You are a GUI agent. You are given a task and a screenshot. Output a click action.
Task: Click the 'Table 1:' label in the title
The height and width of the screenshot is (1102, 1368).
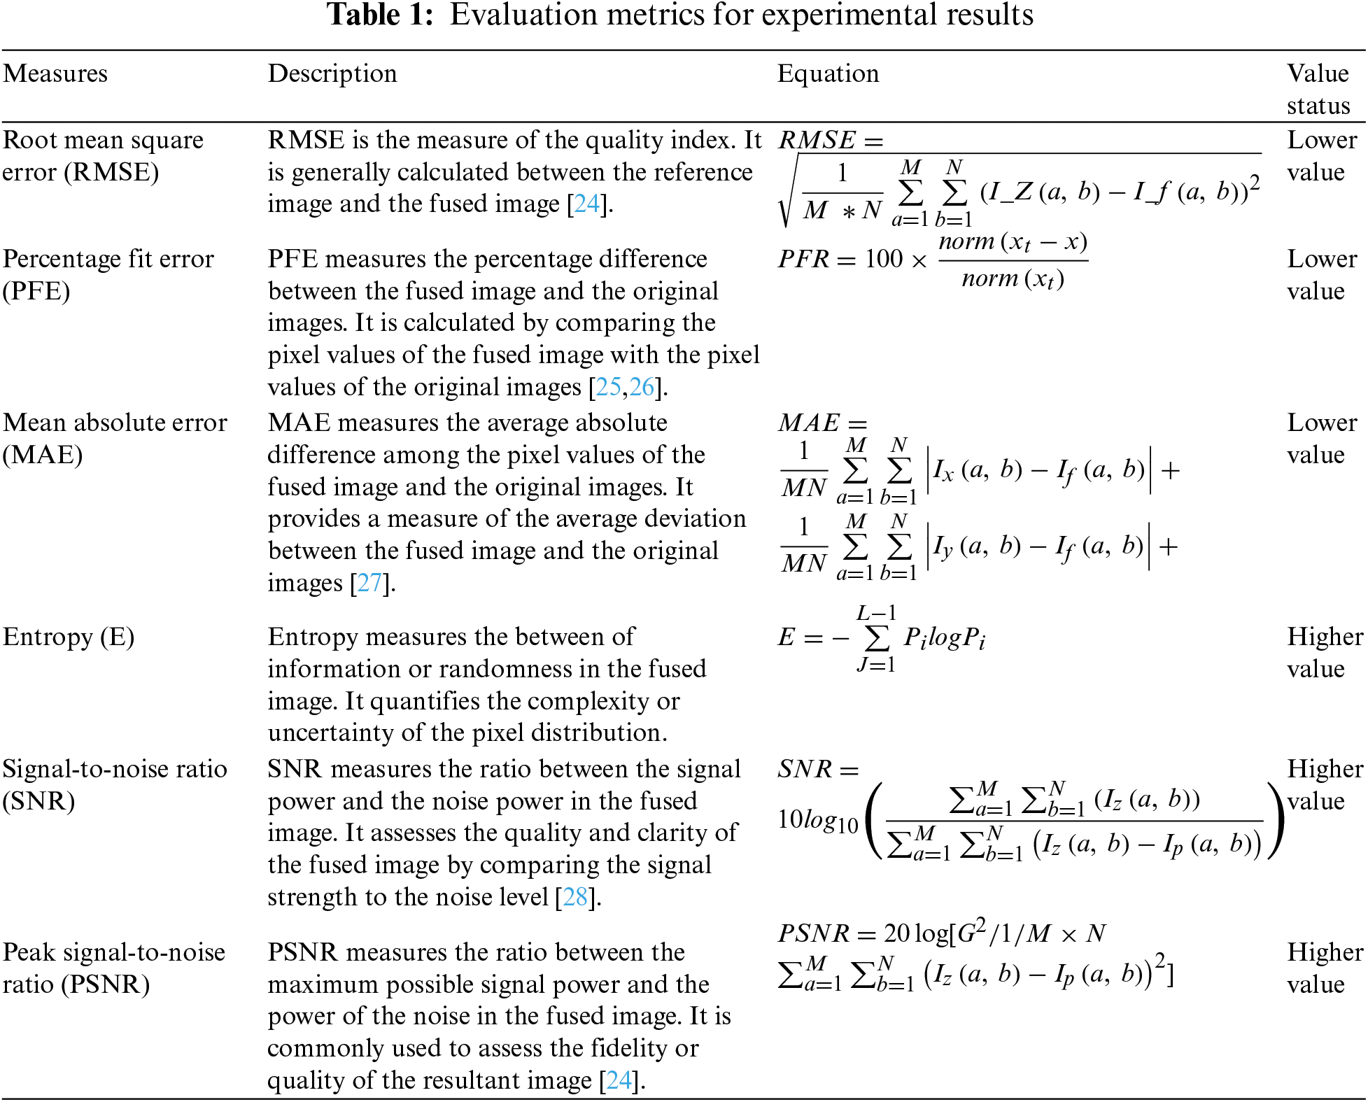[x=381, y=15]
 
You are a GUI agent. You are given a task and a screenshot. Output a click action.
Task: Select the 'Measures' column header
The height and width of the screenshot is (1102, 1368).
[x=55, y=73]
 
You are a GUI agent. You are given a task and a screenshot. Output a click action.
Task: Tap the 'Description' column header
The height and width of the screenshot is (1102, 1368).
[x=332, y=73]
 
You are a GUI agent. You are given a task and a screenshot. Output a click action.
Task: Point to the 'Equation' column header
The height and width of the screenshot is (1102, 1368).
[x=828, y=73]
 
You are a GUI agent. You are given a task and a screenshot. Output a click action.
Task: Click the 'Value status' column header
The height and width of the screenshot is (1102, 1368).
[x=1318, y=89]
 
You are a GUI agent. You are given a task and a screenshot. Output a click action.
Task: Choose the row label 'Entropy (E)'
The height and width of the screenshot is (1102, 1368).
[x=69, y=637]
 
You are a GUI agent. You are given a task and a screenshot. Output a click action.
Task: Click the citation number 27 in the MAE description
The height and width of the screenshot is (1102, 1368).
[x=369, y=583]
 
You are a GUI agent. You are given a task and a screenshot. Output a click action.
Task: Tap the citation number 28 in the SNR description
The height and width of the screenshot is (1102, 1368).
[x=575, y=897]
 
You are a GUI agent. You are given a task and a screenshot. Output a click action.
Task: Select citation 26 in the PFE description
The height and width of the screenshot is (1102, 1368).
[x=642, y=387]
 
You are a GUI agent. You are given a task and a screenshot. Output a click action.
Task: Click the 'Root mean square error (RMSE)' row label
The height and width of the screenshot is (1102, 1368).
[x=102, y=156]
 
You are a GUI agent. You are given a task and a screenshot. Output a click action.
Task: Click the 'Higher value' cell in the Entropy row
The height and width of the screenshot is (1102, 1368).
[x=1325, y=653]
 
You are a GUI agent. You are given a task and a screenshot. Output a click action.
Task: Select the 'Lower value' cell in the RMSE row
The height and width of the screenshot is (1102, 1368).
[x=1322, y=156]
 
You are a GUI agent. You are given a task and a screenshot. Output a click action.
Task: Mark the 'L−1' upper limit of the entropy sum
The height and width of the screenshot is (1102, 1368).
[x=876, y=614]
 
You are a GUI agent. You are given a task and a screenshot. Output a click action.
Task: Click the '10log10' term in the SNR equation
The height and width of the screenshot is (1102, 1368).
[x=817, y=821]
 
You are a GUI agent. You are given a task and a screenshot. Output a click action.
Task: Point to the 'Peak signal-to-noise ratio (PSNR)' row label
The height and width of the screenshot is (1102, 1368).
[x=113, y=968]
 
